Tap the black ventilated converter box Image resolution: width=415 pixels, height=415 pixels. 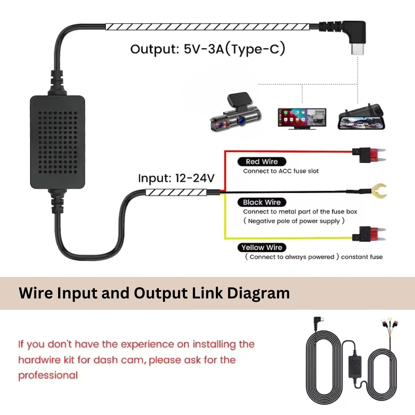point(58,142)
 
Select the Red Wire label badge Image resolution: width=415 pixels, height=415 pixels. point(262,161)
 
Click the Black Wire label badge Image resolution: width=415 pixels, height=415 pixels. point(262,202)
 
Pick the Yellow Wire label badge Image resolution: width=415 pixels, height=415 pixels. point(262,247)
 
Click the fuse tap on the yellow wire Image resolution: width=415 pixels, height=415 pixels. point(369,234)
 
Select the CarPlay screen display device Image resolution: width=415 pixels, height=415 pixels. point(302,118)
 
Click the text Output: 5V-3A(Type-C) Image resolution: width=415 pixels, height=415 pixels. point(208,49)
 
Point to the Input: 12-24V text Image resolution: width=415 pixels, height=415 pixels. point(176,178)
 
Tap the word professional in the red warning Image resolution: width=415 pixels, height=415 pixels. point(48,375)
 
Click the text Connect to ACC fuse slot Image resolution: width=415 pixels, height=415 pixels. point(281,171)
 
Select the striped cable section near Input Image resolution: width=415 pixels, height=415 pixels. point(176,192)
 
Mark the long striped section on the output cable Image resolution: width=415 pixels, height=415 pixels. point(207,27)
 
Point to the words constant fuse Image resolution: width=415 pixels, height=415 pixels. point(362,257)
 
